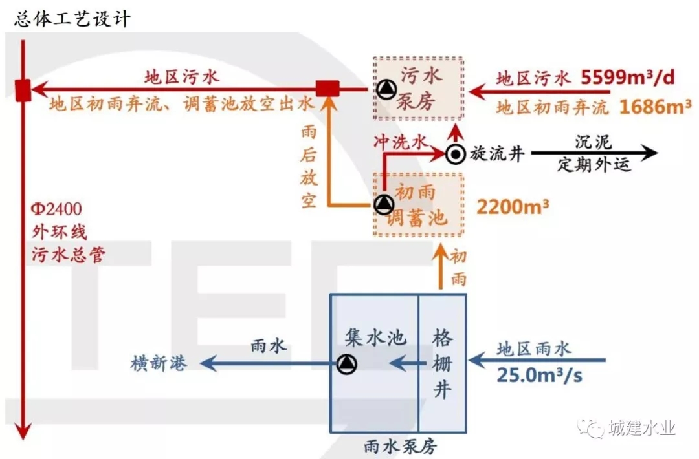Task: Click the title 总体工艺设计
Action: click(x=72, y=19)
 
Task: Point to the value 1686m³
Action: click(x=655, y=106)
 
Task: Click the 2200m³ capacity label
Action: click(x=513, y=207)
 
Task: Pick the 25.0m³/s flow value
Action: click(x=539, y=375)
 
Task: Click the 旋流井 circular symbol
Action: click(x=456, y=154)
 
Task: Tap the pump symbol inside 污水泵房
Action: click(x=386, y=89)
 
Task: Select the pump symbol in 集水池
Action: click(x=347, y=365)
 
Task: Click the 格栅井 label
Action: click(x=443, y=365)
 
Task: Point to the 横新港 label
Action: click(x=159, y=364)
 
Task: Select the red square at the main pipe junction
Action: click(x=23, y=90)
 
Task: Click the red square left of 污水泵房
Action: click(x=327, y=89)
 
